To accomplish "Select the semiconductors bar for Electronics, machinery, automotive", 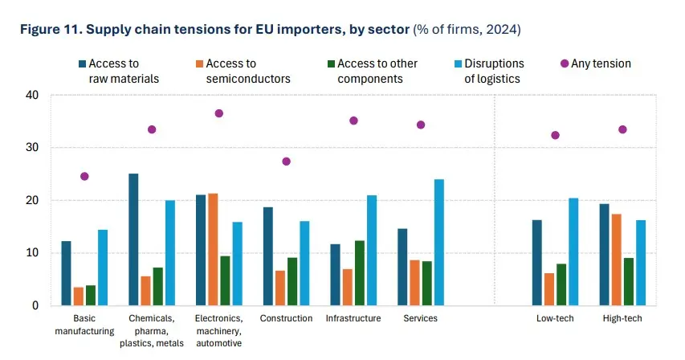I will pos(213,249).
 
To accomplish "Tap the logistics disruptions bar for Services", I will pos(438,242).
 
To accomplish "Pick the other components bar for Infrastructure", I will pos(360,273).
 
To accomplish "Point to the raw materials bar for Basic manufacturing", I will pos(66,273).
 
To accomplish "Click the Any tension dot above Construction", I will pos(287,162).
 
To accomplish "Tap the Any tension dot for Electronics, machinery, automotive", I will pos(219,113).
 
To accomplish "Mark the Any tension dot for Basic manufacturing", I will pos(84,176).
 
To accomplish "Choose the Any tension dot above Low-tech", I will pos(555,135).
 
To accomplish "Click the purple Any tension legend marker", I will pos(565,63).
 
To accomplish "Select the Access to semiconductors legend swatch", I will pos(198,63).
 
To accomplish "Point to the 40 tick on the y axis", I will pos(32,95).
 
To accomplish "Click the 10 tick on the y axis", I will pos(32,253).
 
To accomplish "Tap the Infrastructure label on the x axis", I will pos(353,318).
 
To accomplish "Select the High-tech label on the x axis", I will pos(622,318).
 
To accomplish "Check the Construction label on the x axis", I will pos(286,318).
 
